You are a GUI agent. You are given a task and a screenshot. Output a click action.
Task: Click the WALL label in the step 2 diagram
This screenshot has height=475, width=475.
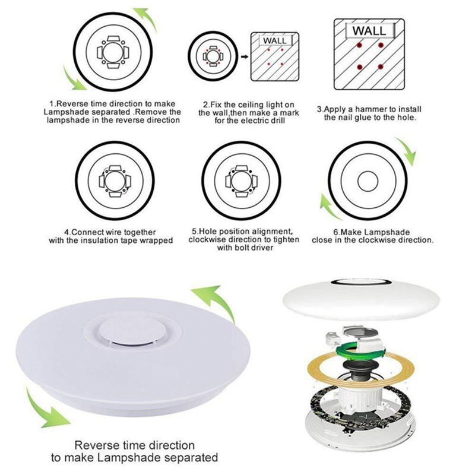click(x=274, y=40)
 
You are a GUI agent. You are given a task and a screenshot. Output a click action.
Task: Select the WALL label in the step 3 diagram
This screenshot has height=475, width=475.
click(x=369, y=30)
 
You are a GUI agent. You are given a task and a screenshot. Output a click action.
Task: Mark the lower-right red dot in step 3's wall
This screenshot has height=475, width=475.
click(x=381, y=66)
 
